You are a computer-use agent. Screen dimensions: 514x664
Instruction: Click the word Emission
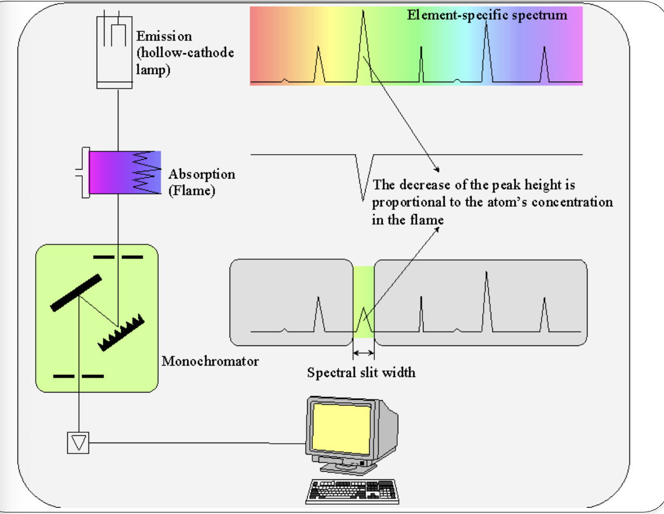164,36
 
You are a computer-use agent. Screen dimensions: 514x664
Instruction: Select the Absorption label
202,174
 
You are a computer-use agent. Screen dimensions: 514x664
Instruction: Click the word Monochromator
210,361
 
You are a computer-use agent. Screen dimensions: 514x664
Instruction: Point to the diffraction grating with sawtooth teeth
121,334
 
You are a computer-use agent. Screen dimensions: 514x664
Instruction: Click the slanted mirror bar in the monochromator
76,293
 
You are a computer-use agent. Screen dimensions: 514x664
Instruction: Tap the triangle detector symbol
78,443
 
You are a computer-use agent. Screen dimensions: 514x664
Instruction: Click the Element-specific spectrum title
487,15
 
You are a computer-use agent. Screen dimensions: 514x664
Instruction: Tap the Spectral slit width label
361,372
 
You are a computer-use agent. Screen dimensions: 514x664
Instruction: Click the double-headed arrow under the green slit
364,353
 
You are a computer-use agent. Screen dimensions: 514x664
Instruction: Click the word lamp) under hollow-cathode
153,69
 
